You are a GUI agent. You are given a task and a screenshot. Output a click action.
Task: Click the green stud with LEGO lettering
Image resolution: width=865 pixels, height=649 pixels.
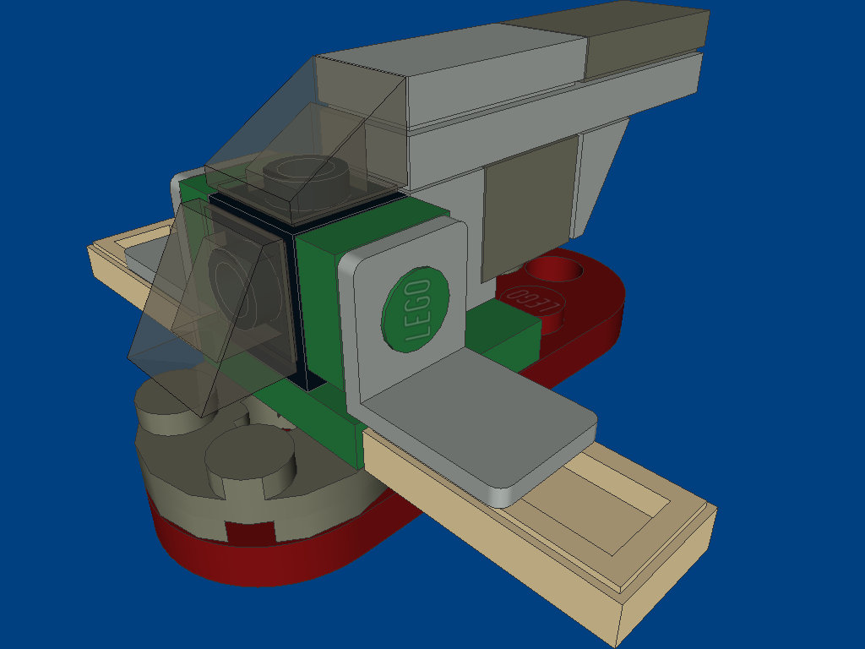416,309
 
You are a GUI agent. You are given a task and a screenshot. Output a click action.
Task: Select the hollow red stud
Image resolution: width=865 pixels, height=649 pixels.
553,271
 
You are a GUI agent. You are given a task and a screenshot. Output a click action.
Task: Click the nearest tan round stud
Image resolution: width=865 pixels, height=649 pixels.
250,461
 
